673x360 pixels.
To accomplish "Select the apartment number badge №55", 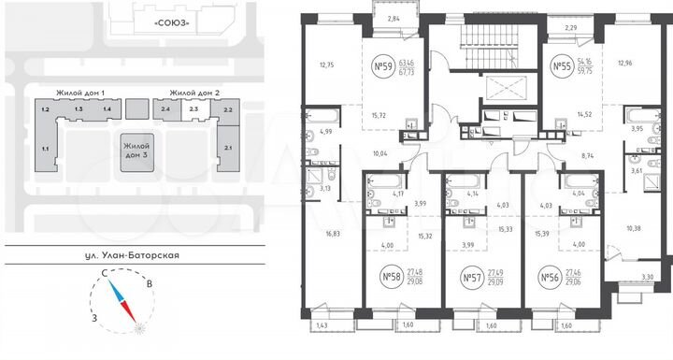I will [x=563, y=67].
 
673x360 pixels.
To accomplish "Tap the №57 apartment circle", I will [x=472, y=278].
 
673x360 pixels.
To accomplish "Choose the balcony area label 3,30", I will [x=649, y=277].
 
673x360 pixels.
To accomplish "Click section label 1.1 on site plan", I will [x=44, y=148].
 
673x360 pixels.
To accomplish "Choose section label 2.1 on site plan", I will [x=229, y=148].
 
